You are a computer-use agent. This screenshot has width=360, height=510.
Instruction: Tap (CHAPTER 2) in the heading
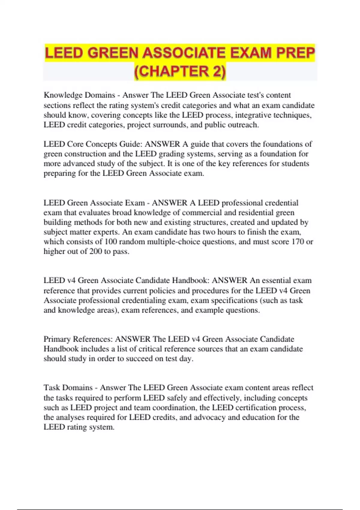[x=180, y=72]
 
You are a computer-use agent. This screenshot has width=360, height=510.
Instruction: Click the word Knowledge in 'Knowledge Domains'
[x=63, y=95]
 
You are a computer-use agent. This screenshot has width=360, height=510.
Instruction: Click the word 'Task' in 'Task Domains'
[x=52, y=388]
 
